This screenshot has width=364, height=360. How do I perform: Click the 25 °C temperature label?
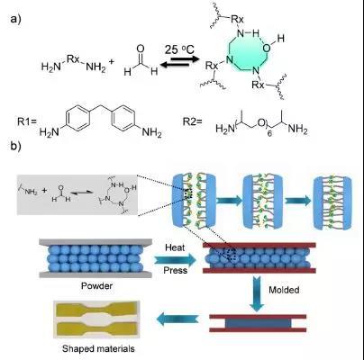[179, 49]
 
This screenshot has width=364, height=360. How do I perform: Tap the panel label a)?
[16, 19]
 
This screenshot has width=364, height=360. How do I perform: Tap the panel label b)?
[16, 146]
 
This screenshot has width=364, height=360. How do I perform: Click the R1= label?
[27, 122]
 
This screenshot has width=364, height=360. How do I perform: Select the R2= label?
[192, 122]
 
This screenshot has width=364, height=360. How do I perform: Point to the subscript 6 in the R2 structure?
[269, 135]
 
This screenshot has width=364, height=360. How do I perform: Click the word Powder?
[96, 285]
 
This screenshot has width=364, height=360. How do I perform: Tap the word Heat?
[175, 247]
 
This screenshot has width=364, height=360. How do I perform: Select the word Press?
[176, 270]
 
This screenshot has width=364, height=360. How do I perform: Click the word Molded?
[284, 290]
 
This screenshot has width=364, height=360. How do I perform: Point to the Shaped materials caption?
[98, 348]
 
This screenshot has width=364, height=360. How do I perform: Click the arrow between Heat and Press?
[175, 259]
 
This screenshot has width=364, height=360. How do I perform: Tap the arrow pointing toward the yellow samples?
[177, 319]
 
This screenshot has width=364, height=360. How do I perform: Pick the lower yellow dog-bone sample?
[96, 328]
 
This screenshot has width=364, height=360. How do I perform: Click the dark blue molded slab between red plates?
[258, 323]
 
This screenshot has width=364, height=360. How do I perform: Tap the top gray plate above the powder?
[96, 242]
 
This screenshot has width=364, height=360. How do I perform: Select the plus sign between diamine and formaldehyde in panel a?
[112, 61]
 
